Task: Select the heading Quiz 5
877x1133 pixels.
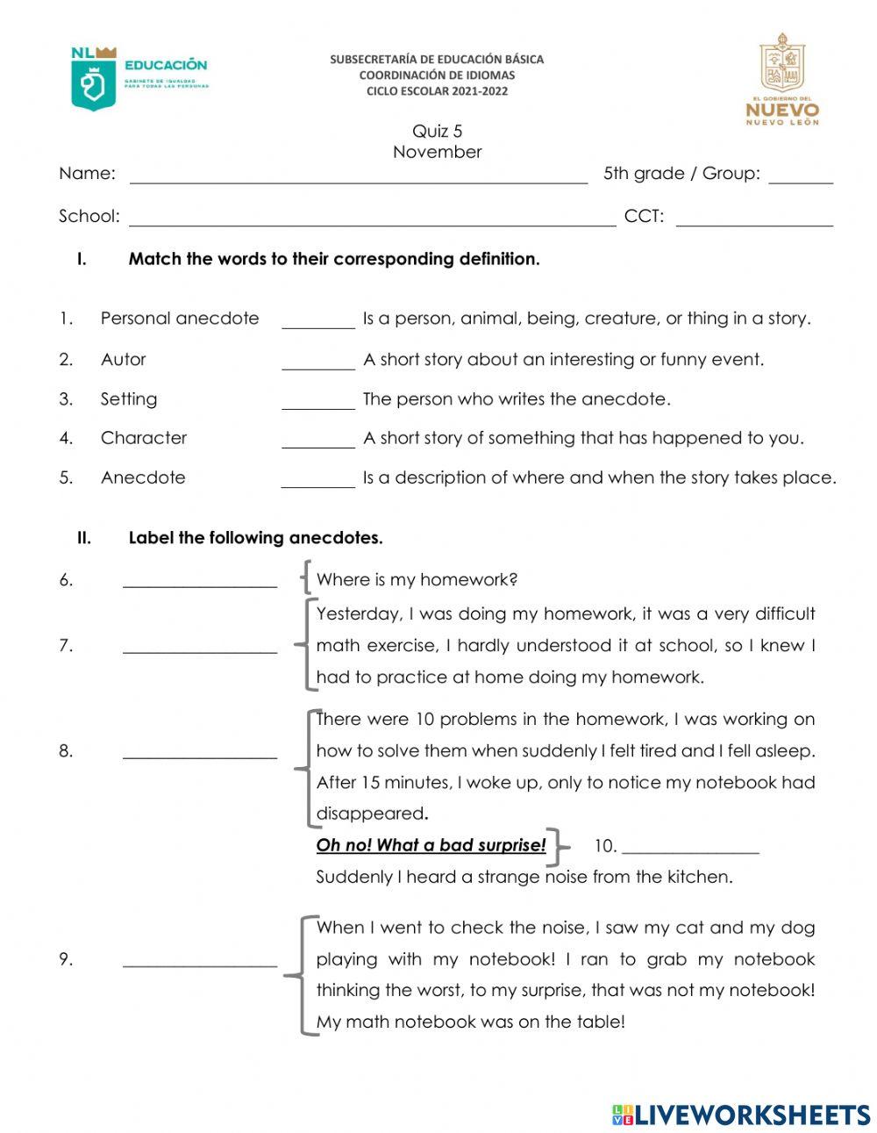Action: pyautogui.click(x=437, y=132)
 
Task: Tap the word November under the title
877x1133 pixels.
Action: pyautogui.click(x=437, y=152)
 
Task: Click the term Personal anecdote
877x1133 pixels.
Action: pyautogui.click(x=180, y=319)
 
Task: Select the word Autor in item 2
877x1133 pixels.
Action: pyautogui.click(x=124, y=359)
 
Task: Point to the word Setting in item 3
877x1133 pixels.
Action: pyautogui.click(x=129, y=399)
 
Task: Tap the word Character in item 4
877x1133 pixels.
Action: pyautogui.click(x=144, y=438)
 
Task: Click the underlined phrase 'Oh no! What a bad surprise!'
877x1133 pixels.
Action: pyautogui.click(x=431, y=845)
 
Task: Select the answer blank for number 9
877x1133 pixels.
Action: pyautogui.click(x=200, y=964)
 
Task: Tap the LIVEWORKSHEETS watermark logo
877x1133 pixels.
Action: pyautogui.click(x=740, y=1115)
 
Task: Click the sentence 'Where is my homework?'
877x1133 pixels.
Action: pyautogui.click(x=417, y=580)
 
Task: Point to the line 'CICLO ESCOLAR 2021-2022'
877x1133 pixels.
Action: pyautogui.click(x=437, y=91)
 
